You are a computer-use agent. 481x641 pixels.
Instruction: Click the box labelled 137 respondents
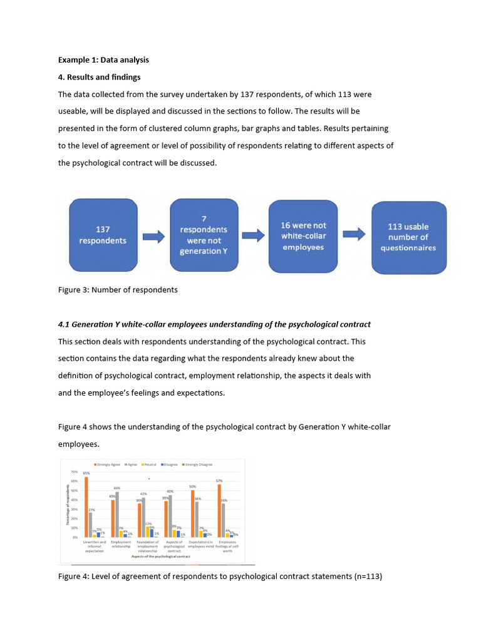point(102,235)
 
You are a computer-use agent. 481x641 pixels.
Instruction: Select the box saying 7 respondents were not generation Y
point(204,235)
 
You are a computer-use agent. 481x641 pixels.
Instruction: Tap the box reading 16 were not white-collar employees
point(303,236)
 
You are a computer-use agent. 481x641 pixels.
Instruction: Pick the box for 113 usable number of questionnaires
point(408,237)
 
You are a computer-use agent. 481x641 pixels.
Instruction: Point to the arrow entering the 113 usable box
point(353,235)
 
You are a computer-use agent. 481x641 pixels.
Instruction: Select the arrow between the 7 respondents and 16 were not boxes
point(253,235)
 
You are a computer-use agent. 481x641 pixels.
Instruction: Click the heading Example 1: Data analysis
point(103,60)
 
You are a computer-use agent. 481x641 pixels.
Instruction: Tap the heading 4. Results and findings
point(99,77)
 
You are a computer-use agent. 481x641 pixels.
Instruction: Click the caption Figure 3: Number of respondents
point(118,290)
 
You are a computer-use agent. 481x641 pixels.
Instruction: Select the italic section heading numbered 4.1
point(214,324)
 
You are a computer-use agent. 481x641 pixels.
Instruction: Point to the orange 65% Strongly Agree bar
point(86,507)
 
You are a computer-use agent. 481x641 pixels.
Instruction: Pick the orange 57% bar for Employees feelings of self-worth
point(219,510)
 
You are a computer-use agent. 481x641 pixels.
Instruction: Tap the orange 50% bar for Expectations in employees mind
point(192,513)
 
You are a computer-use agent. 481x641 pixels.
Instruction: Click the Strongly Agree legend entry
point(107,464)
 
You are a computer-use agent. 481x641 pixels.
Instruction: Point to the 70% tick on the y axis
point(73,471)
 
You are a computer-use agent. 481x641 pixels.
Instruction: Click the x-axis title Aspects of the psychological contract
point(161,556)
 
